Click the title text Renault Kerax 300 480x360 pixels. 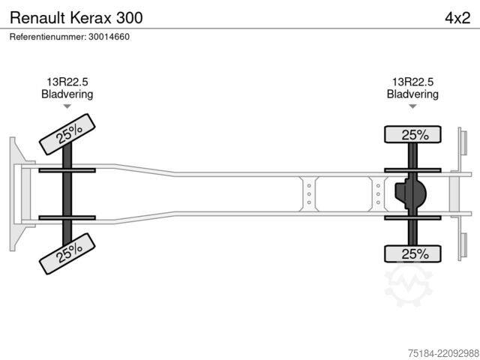[76, 18]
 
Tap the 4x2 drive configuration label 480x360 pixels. [457, 18]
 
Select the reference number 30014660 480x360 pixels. [109, 37]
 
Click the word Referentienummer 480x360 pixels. [48, 37]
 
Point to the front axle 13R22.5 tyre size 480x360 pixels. [67, 82]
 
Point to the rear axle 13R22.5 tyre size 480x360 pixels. [412, 82]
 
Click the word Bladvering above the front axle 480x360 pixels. [67, 94]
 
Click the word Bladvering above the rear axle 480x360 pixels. [412, 94]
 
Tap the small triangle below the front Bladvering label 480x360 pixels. [67, 106]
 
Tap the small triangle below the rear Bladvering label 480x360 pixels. [412, 106]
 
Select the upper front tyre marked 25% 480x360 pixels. [67, 134]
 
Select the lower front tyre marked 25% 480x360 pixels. [67, 253]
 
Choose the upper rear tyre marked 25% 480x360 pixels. [412, 134]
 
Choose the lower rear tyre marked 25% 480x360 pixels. [412, 253]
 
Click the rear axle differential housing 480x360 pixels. [410, 193]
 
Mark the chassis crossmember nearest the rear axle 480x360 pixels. [378, 193]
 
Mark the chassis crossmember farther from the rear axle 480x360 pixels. [309, 193]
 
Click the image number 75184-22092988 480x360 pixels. [443, 353]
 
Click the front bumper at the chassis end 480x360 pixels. [19, 194]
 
